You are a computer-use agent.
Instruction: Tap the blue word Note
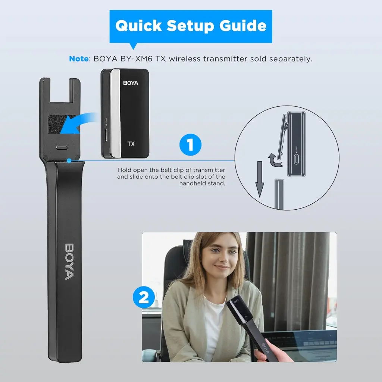click(x=79, y=59)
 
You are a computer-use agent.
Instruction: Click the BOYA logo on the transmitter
click(x=131, y=83)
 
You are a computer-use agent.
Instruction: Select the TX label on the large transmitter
click(x=131, y=144)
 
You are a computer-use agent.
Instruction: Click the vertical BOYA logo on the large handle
click(x=69, y=262)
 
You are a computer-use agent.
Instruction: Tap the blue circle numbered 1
click(x=190, y=144)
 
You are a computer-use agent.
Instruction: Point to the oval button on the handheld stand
click(x=62, y=147)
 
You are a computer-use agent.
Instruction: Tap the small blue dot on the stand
click(x=69, y=160)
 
